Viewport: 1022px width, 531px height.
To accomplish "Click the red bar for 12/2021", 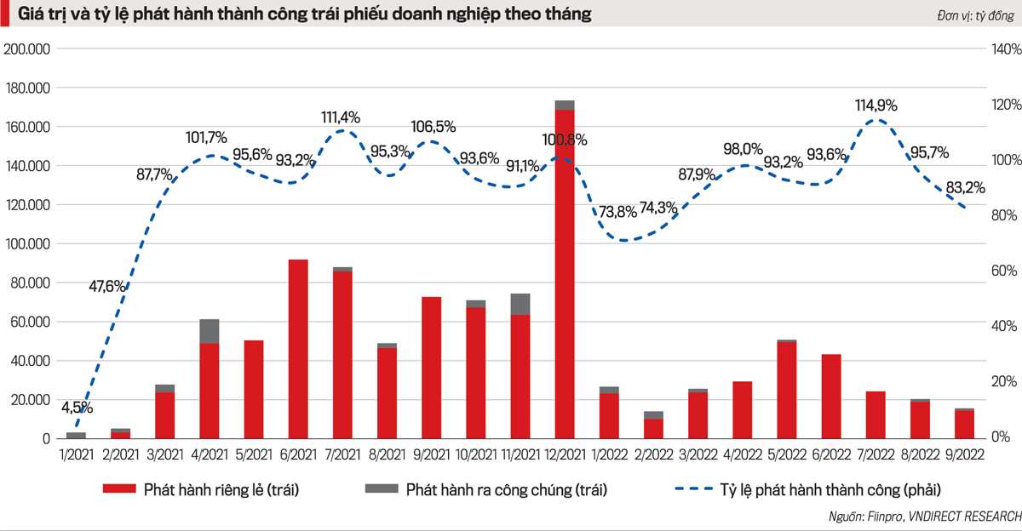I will (564, 272).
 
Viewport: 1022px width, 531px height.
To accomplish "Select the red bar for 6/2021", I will (298, 349).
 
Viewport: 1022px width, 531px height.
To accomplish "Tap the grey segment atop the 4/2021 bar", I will (210, 331).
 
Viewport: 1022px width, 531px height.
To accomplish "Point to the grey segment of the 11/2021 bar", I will (520, 304).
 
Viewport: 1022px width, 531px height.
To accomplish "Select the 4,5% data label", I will (77, 407).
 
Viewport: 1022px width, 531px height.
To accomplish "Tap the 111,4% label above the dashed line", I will (341, 117).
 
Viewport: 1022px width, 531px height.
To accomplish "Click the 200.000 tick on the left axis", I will (28, 49).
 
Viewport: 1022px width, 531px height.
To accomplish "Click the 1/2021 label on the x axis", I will (76, 456).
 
